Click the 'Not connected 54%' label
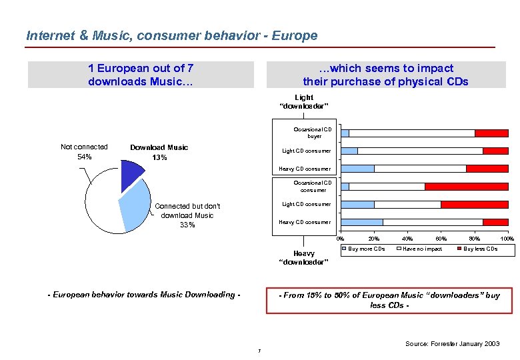84,151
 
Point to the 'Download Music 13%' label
159,152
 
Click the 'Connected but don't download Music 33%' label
187,215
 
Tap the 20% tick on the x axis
373,239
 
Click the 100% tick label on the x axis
507,239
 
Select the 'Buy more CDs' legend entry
363,249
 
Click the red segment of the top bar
491,133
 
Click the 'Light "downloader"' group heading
303,101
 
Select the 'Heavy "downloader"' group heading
303,257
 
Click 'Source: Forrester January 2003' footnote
452,343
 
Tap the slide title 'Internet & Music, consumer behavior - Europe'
171,35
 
